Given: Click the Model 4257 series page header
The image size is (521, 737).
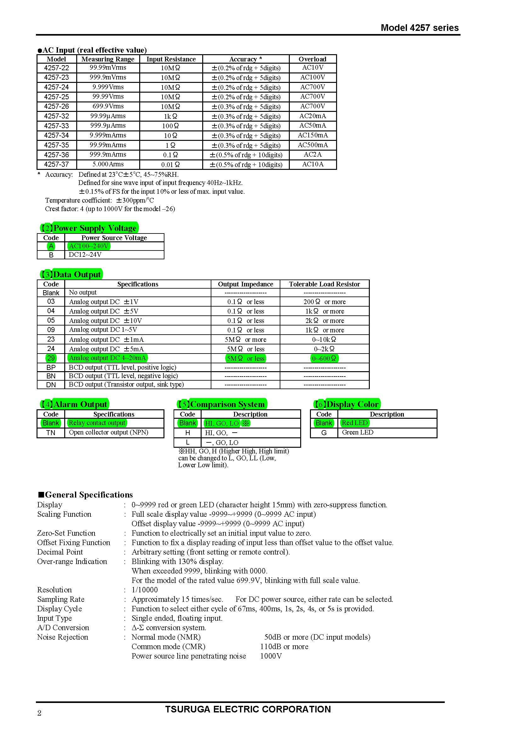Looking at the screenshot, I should [419, 28].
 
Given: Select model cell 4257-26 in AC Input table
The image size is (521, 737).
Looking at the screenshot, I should [56, 107].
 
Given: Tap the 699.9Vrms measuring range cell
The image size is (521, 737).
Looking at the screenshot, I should [108, 106].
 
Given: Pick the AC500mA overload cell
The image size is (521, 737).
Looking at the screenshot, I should [312, 145].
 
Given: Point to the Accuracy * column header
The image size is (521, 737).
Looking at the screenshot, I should [245, 59].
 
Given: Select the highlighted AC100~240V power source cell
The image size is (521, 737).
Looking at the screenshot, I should [89, 246].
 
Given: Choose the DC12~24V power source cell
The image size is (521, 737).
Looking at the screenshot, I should [85, 255].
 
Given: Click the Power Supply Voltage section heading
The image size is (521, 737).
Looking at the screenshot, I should [89, 228].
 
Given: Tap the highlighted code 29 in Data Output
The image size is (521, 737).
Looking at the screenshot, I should [51, 358].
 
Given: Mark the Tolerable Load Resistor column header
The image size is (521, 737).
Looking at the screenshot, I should [324, 284].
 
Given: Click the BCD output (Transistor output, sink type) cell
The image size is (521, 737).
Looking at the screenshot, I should [126, 384].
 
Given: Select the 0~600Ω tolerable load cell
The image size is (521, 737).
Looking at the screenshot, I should [324, 359].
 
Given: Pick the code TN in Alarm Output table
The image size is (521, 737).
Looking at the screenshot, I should [51, 433].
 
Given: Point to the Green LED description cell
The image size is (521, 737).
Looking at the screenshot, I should [358, 432].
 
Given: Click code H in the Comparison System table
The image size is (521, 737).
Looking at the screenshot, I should [187, 433].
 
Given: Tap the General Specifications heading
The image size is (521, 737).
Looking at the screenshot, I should [85, 495].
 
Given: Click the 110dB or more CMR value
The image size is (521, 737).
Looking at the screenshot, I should [284, 647].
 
